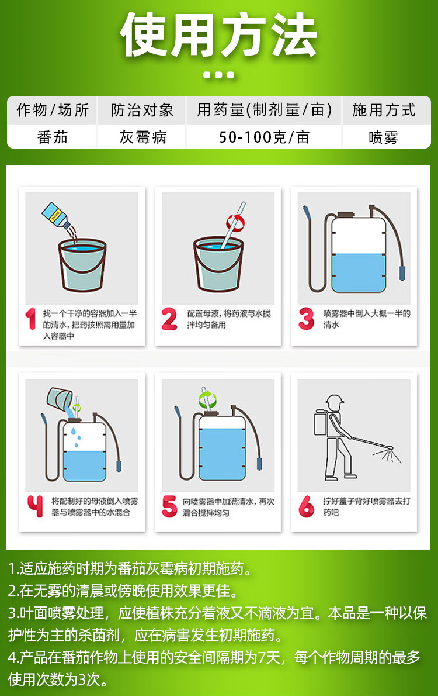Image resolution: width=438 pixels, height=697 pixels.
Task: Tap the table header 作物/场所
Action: point(53,110)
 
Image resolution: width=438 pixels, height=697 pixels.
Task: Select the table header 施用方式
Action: point(384,110)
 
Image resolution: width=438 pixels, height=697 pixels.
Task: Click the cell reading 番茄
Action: point(53,137)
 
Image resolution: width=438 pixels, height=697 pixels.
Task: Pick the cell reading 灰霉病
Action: point(143,137)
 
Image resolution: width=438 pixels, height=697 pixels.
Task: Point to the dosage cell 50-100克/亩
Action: point(264,137)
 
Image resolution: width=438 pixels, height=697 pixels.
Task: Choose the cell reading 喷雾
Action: point(384,137)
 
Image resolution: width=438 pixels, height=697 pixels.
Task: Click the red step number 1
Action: point(30,319)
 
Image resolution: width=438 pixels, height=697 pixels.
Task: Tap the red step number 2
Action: point(169,319)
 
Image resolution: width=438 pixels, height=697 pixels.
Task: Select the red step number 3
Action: point(306,319)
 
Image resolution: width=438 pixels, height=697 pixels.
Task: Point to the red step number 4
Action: point(35,506)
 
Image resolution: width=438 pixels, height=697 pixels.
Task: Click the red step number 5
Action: point(169,506)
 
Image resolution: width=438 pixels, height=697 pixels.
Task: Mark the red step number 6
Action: point(306,506)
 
